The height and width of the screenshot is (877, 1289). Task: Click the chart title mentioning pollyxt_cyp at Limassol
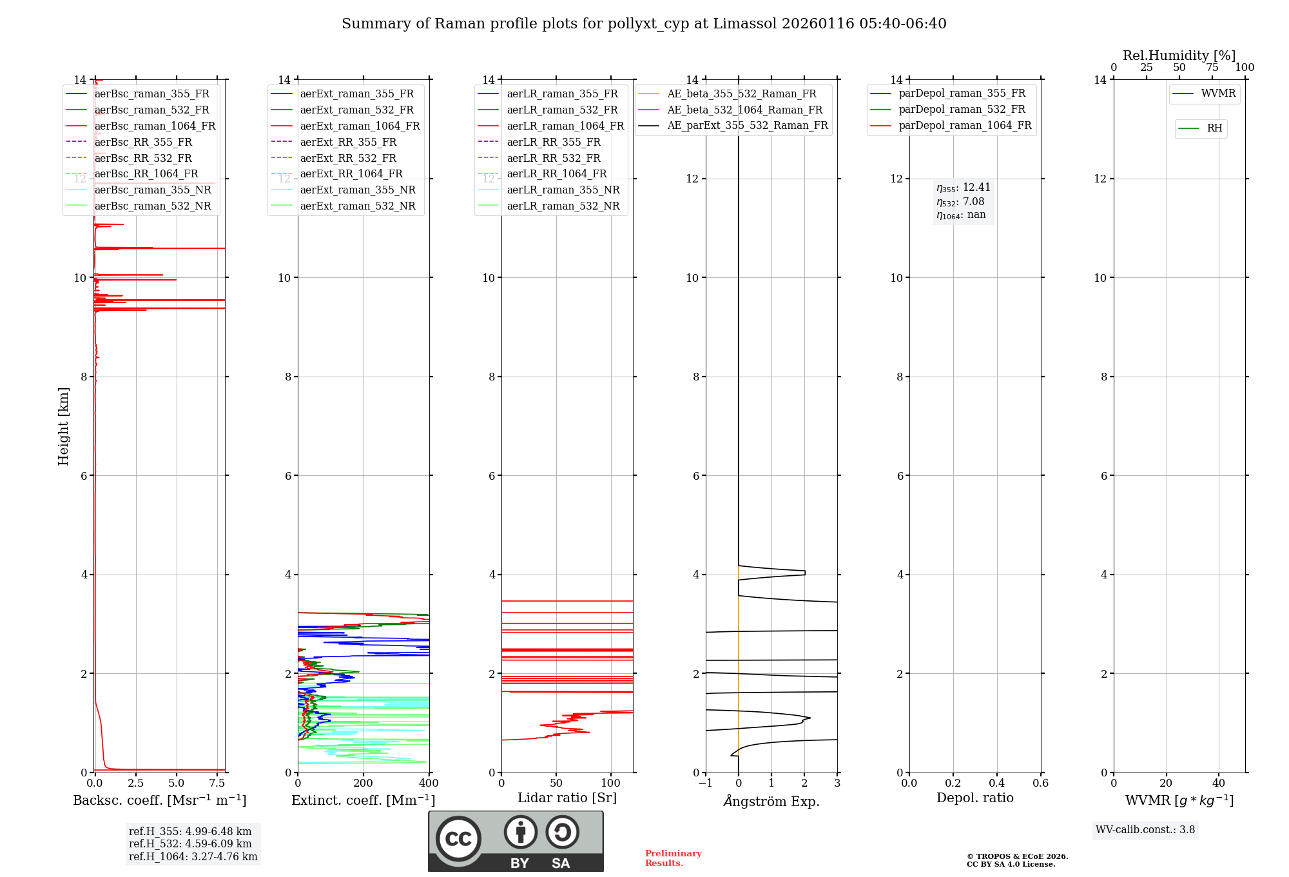click(x=644, y=24)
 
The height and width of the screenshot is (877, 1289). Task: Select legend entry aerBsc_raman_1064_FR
click(x=155, y=126)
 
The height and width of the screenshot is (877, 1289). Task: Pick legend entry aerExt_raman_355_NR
click(x=358, y=190)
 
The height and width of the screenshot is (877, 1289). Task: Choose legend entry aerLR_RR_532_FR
click(x=553, y=158)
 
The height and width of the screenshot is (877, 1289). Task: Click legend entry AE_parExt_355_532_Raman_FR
click(x=747, y=125)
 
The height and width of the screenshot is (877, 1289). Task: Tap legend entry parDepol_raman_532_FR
click(x=962, y=110)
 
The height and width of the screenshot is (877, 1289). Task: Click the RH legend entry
click(x=1214, y=128)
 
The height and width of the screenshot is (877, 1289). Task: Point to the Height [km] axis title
click(x=63, y=426)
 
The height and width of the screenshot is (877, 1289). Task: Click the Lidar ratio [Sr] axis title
click(x=567, y=798)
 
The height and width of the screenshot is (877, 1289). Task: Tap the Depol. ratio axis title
click(x=974, y=798)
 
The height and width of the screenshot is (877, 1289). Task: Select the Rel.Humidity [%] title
click(x=1179, y=55)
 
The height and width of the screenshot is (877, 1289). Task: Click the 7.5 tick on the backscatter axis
click(x=217, y=783)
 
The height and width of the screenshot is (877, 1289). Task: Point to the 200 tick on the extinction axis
click(x=363, y=783)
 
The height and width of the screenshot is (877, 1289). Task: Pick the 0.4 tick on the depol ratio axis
click(x=996, y=783)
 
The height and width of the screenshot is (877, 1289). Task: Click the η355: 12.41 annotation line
click(x=963, y=188)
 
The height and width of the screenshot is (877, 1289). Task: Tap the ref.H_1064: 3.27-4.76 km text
click(x=193, y=857)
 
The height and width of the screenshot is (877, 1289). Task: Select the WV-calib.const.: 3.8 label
click(x=1145, y=830)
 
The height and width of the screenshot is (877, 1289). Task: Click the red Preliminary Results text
click(x=673, y=858)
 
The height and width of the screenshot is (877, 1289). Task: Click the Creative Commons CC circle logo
click(x=458, y=839)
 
